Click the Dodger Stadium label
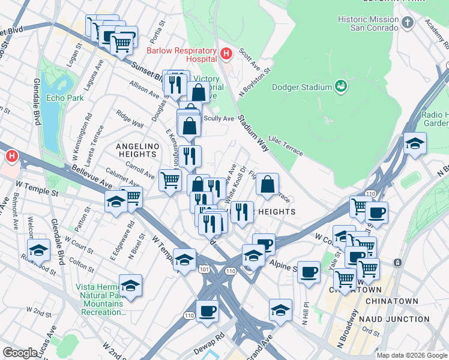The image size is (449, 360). pos(302,87)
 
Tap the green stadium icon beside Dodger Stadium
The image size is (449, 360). pos(341,86)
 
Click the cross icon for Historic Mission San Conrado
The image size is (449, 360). pos(408,23)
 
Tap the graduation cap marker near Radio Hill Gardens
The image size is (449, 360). pos(414,143)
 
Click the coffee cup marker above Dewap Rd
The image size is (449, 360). pos(207,311)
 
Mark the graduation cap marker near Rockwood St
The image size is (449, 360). pos(38,250)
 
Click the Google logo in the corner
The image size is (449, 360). pos(20,353)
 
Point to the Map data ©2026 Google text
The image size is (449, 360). pos(412,355)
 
